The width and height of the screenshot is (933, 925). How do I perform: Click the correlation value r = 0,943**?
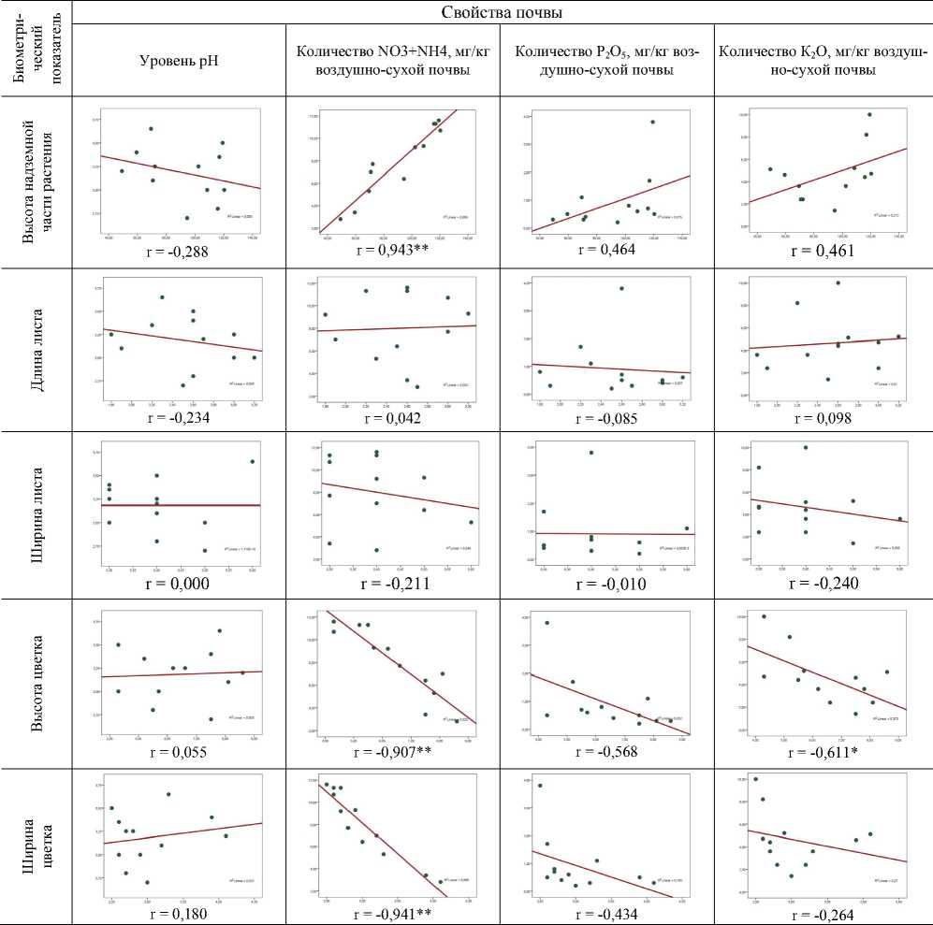(393, 251)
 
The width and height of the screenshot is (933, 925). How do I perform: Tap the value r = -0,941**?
(393, 914)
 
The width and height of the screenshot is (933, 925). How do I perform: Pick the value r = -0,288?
(179, 251)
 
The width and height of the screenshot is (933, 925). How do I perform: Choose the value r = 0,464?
(607, 251)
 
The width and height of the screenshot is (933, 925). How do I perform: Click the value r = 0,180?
(179, 914)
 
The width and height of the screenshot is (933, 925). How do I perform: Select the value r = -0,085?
(607, 418)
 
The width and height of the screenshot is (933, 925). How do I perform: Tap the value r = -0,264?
(824, 914)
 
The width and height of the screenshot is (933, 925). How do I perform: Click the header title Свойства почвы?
(501, 12)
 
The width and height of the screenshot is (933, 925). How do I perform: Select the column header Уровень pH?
(179, 62)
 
